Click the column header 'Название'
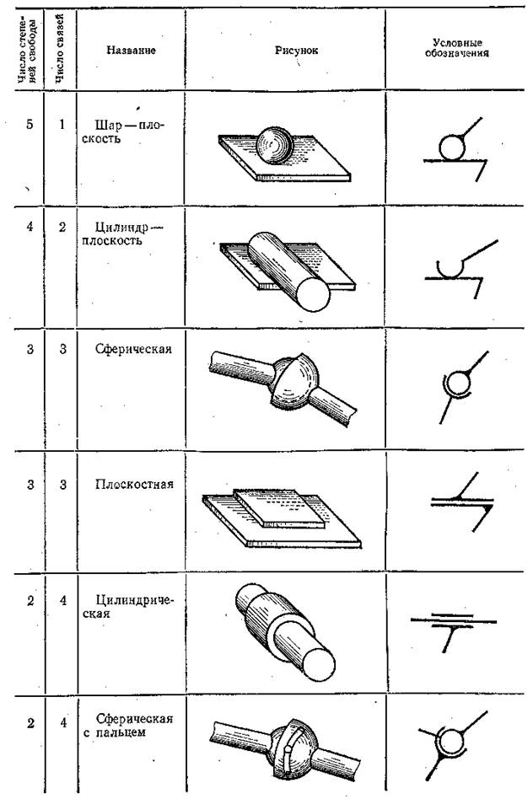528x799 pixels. pyautogui.click(x=131, y=50)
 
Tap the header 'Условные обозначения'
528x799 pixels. pyautogui.click(x=456, y=47)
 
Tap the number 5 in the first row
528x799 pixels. pyautogui.click(x=30, y=125)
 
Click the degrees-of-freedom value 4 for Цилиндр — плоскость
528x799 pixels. pyautogui.click(x=30, y=226)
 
